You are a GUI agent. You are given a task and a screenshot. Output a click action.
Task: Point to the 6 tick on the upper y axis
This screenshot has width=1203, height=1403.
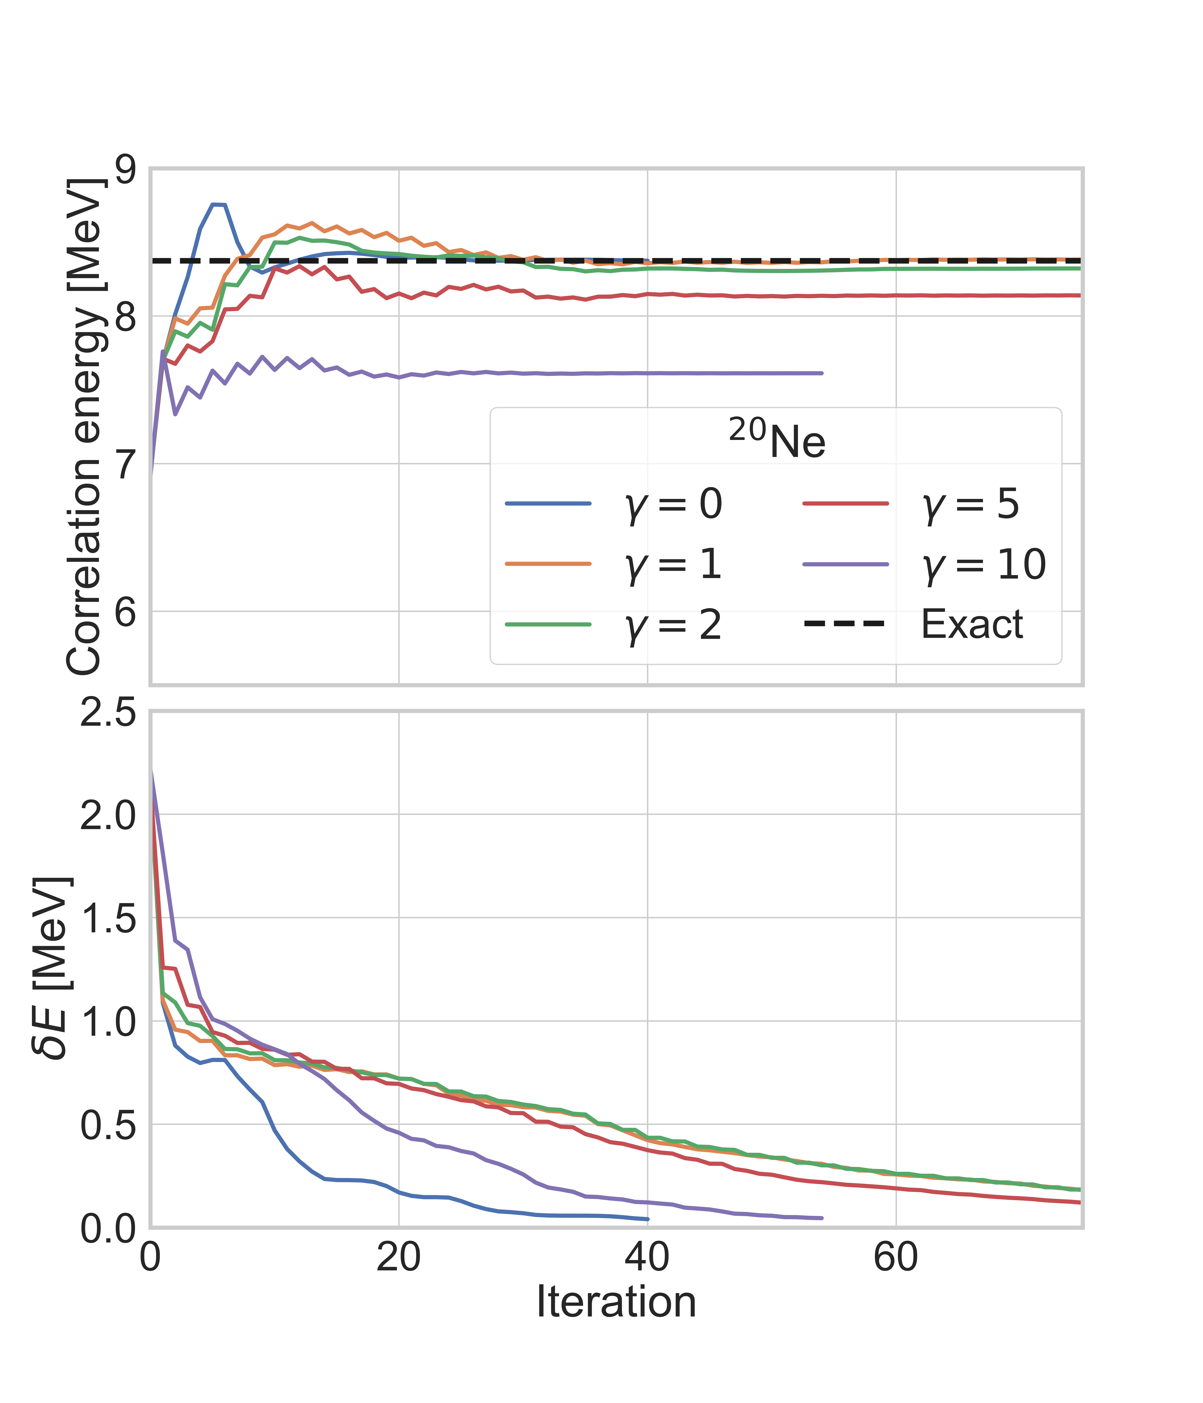(x=125, y=611)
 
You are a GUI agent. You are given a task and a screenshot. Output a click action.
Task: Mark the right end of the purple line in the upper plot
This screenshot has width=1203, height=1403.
(x=822, y=373)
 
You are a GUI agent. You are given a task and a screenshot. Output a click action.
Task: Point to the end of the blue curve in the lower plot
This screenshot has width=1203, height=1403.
(x=648, y=1219)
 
